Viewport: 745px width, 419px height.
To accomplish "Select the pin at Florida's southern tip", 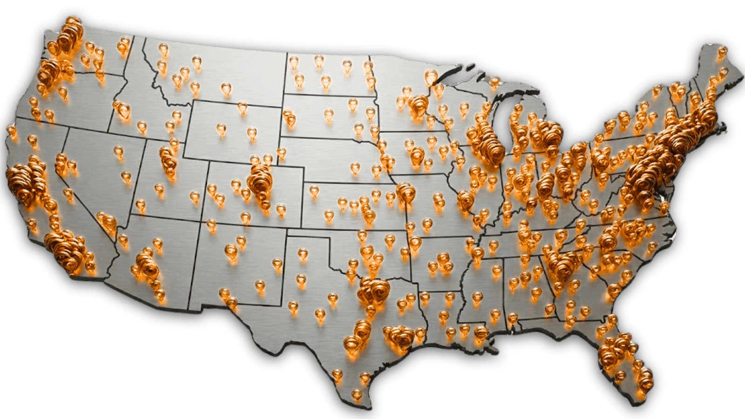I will pyautogui.click(x=644, y=379).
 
